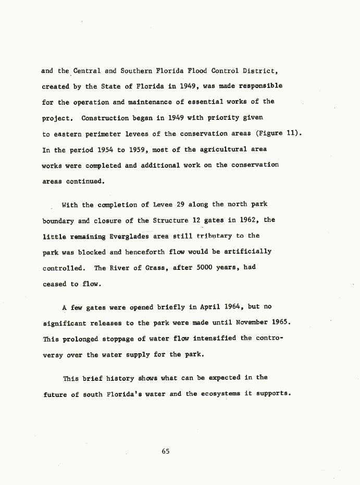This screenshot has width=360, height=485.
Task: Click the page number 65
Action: click(x=166, y=452)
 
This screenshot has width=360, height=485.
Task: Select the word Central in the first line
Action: click(x=88, y=70)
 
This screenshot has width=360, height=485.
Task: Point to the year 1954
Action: click(x=106, y=150)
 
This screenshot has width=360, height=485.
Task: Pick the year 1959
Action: click(x=148, y=150)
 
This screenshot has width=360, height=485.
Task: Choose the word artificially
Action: click(x=247, y=252)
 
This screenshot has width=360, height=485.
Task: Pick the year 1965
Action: click(x=281, y=323)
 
